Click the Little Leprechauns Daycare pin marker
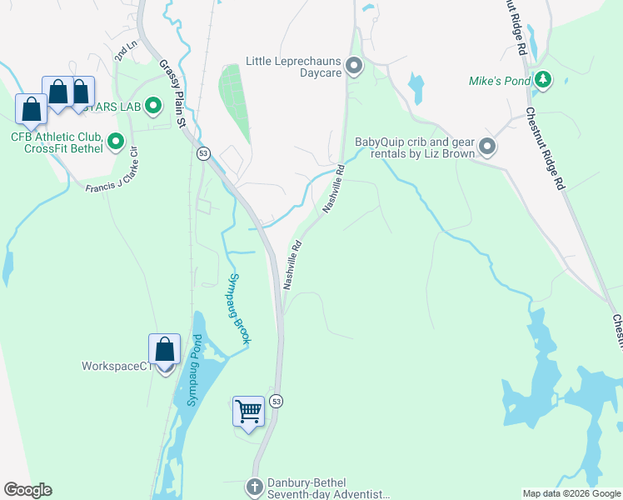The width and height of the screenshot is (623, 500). click(x=355, y=66)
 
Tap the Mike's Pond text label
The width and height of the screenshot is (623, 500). click(x=499, y=81)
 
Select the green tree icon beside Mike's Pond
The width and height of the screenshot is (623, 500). click(x=544, y=80)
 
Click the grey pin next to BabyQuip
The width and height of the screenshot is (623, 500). click(x=488, y=147)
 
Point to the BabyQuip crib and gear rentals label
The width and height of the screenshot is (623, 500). click(x=415, y=147)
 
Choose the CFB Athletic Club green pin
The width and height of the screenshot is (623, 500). click(x=116, y=142)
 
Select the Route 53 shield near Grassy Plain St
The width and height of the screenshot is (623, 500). click(x=202, y=153)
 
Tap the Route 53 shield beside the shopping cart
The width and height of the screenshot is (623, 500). click(x=277, y=401)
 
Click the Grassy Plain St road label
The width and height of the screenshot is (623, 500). click(x=171, y=92)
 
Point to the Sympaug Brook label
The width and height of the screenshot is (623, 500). click(x=240, y=308)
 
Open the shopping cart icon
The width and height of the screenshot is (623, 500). click(x=248, y=411)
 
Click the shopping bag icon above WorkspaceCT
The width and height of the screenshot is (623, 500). click(x=164, y=349)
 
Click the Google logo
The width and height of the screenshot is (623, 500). click(x=27, y=490)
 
